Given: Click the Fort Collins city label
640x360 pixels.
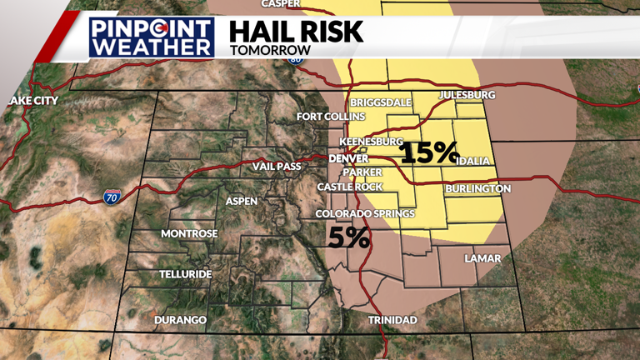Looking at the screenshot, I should pyautogui.click(x=331, y=117).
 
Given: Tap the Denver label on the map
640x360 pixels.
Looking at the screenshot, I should pyautogui.click(x=348, y=158).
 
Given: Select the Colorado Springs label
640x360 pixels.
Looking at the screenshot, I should pyautogui.click(x=365, y=214).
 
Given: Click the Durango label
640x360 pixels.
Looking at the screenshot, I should pyautogui.click(x=180, y=320).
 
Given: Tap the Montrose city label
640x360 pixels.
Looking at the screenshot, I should pyautogui.click(x=189, y=233).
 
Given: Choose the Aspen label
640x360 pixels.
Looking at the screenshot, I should pyautogui.click(x=242, y=201).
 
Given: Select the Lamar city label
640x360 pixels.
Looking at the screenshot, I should pyautogui.click(x=482, y=258).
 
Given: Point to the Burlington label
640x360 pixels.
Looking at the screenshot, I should pyautogui.click(x=477, y=189).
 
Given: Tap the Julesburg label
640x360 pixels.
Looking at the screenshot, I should pyautogui.click(x=467, y=95).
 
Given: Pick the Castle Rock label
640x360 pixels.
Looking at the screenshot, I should pyautogui.click(x=350, y=187).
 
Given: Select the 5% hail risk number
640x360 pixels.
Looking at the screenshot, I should pyautogui.click(x=349, y=237).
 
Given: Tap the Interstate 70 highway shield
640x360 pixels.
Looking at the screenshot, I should pyautogui.click(x=112, y=197).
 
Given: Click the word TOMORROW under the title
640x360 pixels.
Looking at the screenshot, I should pyautogui.click(x=270, y=50).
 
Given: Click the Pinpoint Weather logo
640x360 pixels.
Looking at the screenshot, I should pyautogui.click(x=152, y=37).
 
